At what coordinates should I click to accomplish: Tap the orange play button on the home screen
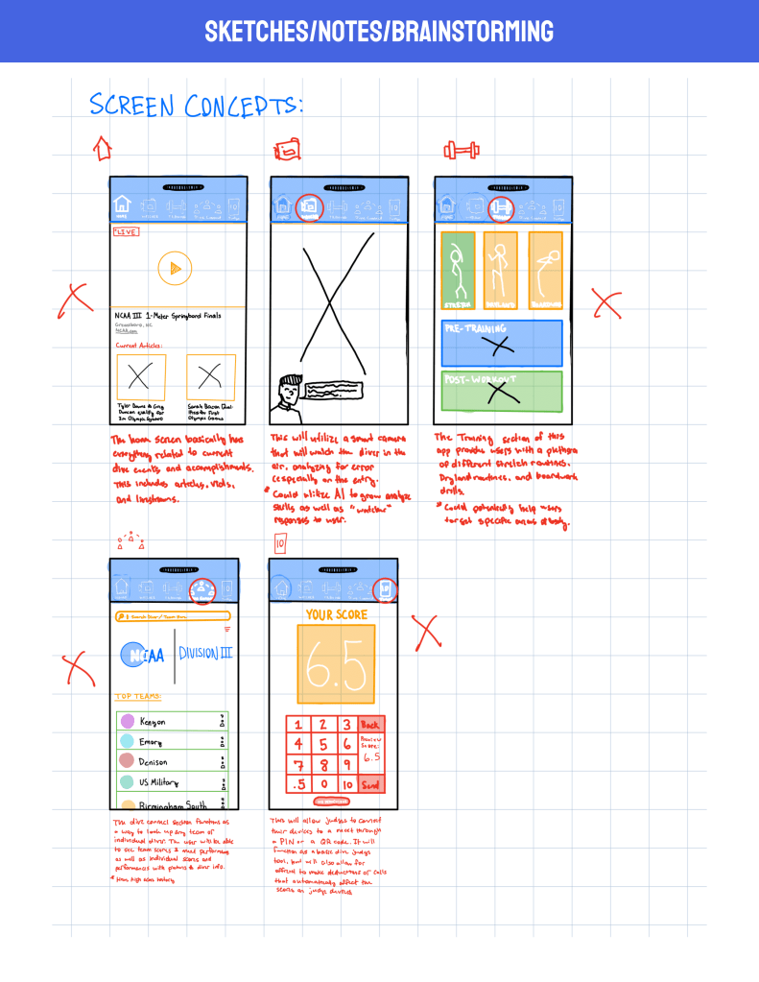tap(174, 269)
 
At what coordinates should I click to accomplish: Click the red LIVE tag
tap(125, 232)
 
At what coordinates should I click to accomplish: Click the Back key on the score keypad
tap(370, 724)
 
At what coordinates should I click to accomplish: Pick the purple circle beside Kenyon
tap(127, 722)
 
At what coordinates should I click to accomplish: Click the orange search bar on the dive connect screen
tap(173, 616)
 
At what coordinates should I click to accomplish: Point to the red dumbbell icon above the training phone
tap(462, 151)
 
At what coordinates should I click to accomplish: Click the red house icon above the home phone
tap(102, 148)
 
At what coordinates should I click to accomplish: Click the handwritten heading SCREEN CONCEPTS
tap(196, 105)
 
